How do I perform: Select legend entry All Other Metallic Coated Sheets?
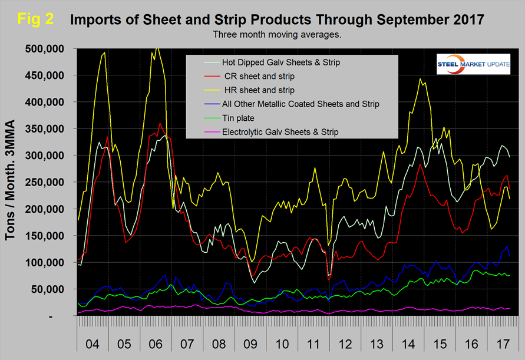(301, 104)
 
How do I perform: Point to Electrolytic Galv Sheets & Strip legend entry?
(280, 132)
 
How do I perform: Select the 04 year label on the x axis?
(93, 342)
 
